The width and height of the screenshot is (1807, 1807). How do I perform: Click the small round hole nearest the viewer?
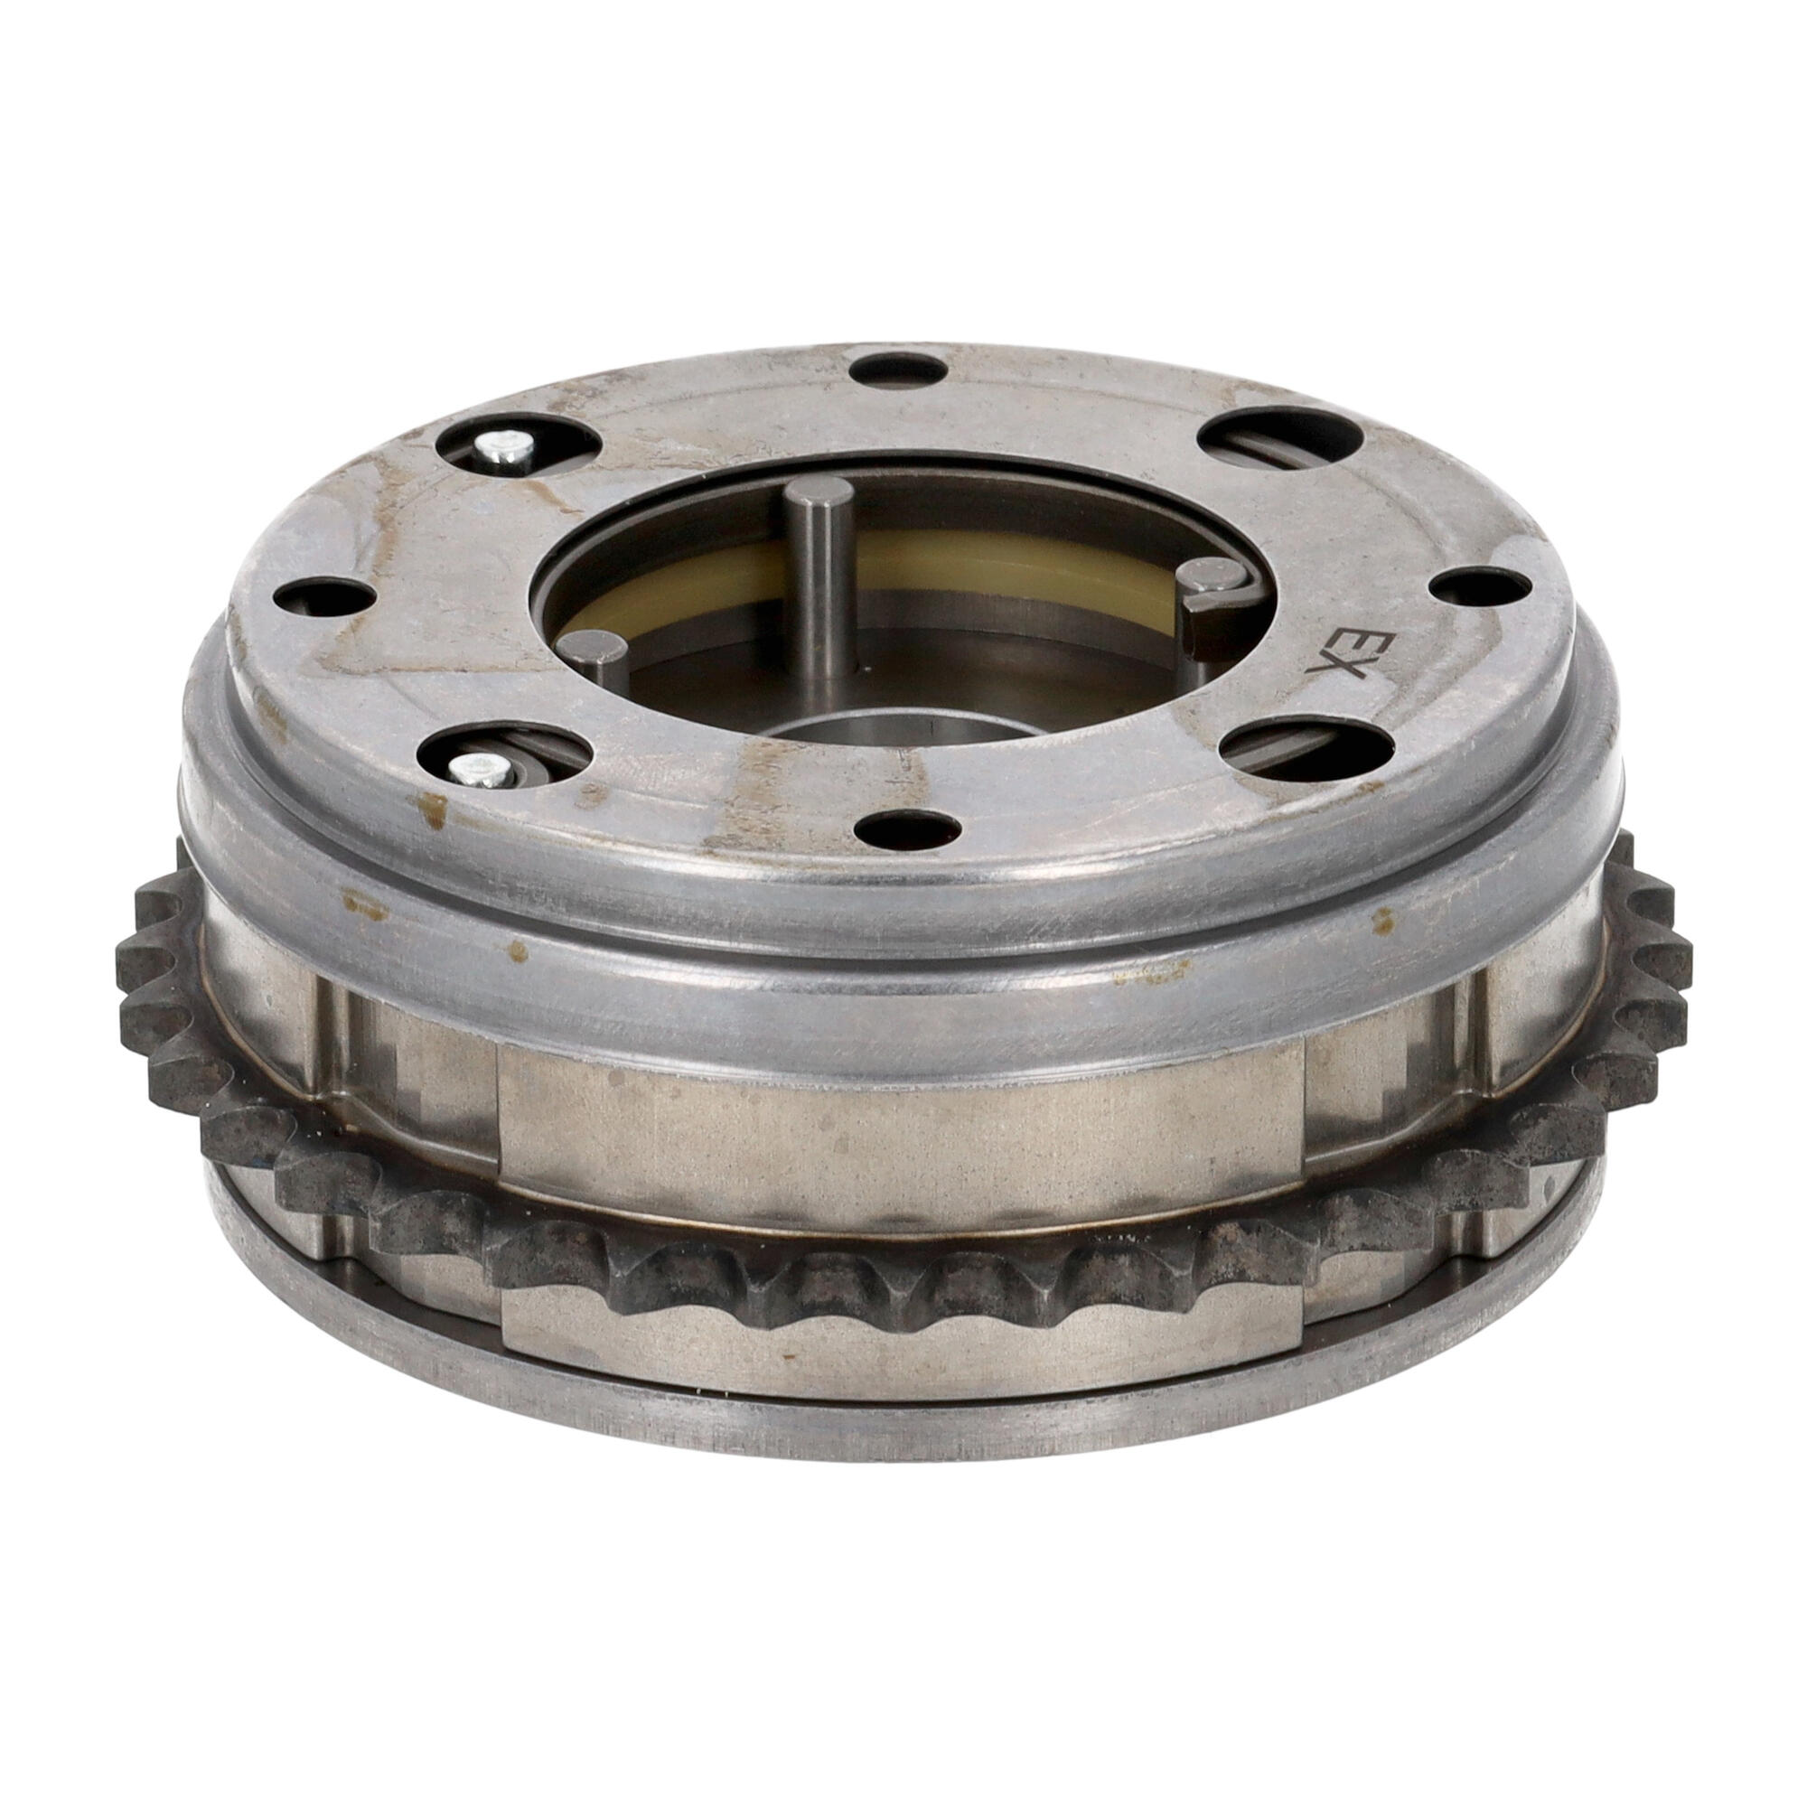[x=903, y=828]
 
